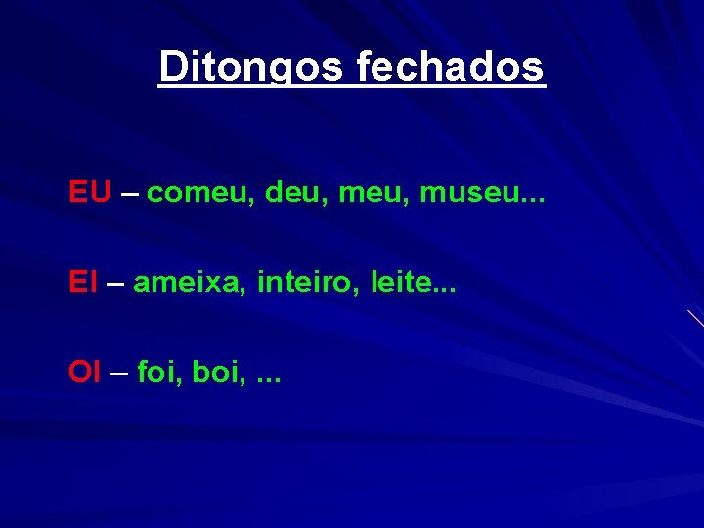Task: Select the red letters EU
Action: (x=90, y=193)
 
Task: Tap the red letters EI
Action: (x=83, y=284)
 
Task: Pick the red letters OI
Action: (x=84, y=373)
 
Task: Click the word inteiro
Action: (x=298, y=284)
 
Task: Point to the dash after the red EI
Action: (x=114, y=284)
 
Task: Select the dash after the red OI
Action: (x=118, y=373)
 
